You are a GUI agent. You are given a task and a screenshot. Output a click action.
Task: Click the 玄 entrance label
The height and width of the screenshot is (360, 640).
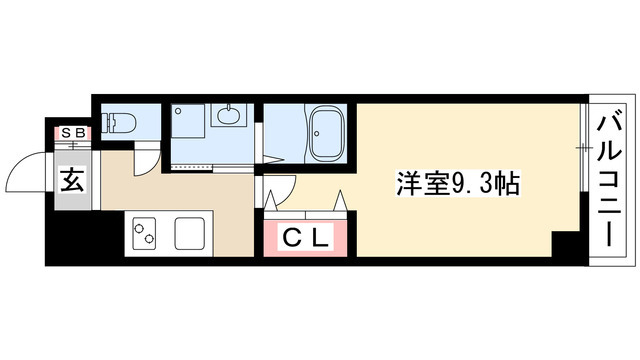coord(72,182)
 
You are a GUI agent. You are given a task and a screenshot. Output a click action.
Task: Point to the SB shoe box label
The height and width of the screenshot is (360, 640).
coord(73,132)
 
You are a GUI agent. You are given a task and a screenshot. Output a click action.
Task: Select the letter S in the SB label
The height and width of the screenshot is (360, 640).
coord(67,132)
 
